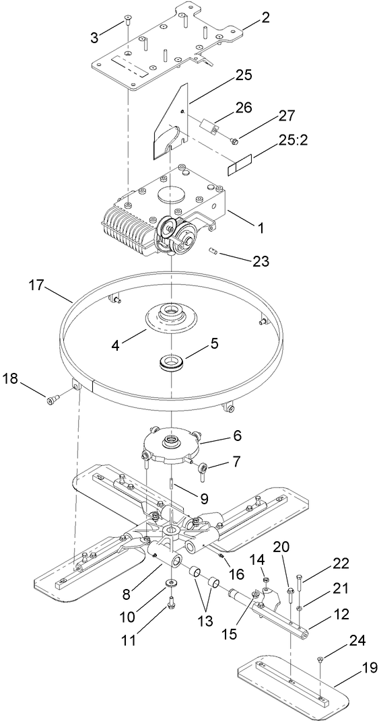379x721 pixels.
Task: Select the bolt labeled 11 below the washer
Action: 170,600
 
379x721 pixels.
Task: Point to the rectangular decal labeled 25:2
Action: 240,164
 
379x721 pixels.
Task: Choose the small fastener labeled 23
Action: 214,252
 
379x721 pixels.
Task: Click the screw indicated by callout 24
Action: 320,659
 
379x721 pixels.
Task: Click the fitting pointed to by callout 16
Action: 220,555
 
